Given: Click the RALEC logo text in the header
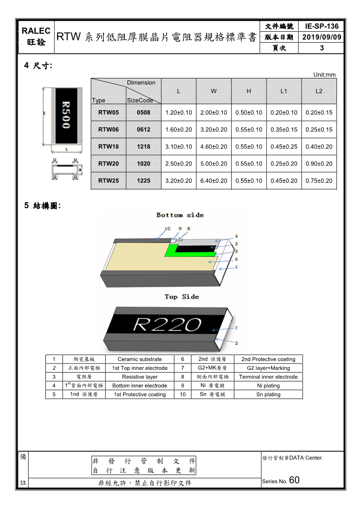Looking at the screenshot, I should point(36,31).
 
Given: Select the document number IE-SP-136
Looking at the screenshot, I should point(322,26).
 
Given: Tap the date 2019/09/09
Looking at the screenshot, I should point(322,37).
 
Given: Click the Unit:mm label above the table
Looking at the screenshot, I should point(325,75).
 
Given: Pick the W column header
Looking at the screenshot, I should point(214,91).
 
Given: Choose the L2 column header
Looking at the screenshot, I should point(319,91).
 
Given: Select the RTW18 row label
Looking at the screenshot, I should point(108,146).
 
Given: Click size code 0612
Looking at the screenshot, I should point(143,130).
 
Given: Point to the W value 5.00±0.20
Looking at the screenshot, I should point(214,164).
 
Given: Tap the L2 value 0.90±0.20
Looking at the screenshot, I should point(319,164).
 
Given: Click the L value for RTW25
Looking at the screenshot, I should point(179,181).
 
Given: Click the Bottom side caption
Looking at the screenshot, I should point(180,215).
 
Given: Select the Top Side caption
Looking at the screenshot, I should point(181,297).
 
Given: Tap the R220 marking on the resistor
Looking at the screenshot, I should point(167,325).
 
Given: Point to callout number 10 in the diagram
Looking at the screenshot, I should point(167,228).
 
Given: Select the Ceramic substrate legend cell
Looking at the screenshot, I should point(139,359).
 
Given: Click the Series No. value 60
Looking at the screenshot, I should point(294,480).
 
